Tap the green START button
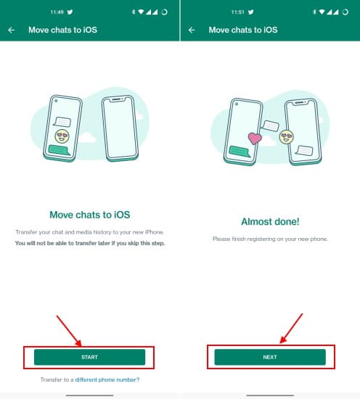pos(89,357)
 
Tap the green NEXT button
pos(269,357)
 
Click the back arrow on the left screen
pos(12,30)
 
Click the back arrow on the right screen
pos(192,30)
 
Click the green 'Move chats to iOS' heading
pos(89,215)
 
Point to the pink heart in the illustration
pos(254,137)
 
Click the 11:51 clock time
pos(238,12)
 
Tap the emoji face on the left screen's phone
pos(62,136)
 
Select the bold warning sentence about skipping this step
pos(89,243)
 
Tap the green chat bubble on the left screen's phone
pos(60,150)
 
